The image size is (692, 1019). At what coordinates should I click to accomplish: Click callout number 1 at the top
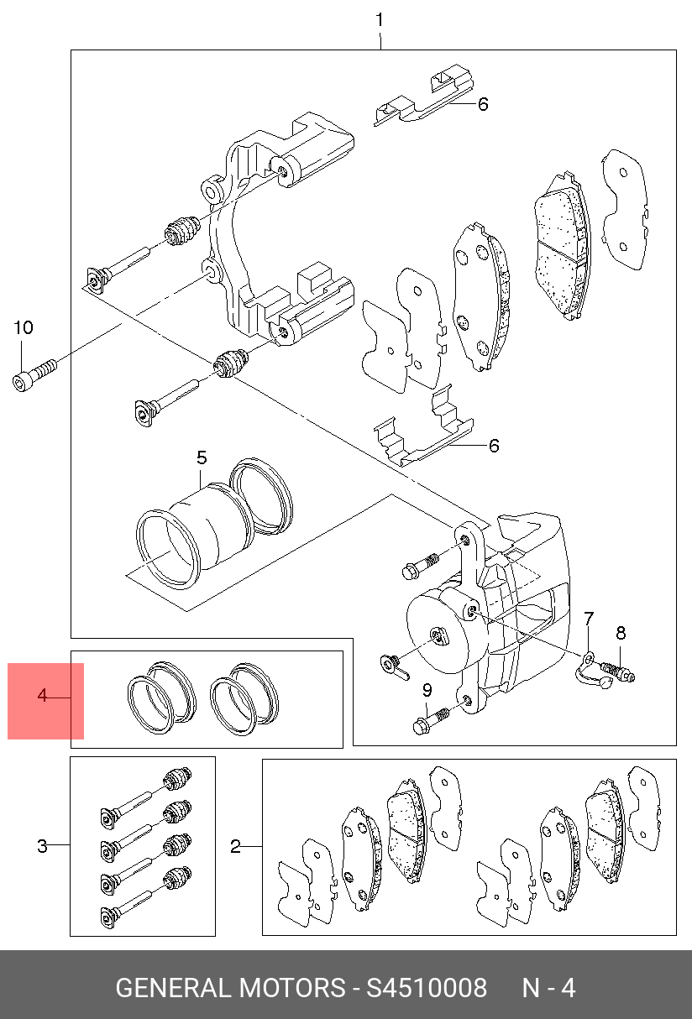[380, 20]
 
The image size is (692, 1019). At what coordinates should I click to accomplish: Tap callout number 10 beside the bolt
[24, 327]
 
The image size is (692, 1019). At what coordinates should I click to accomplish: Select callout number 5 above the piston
[202, 457]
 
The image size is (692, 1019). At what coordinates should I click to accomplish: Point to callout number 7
[589, 619]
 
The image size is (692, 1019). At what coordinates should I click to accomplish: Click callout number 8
[621, 633]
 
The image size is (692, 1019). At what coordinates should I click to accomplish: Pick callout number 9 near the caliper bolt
[427, 691]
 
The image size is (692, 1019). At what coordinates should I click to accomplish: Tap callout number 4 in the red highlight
[42, 695]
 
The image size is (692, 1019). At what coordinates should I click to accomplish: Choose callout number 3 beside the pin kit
[42, 847]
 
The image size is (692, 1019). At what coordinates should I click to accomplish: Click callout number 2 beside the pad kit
[235, 847]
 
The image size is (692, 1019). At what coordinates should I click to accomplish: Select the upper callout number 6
[483, 104]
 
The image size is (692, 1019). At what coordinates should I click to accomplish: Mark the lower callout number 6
[494, 446]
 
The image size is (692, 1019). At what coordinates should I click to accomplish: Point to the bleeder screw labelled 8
[618, 672]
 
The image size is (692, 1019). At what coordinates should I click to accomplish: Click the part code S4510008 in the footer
[427, 988]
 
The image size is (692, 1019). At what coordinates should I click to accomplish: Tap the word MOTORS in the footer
[291, 988]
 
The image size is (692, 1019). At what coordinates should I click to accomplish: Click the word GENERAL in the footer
[174, 988]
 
